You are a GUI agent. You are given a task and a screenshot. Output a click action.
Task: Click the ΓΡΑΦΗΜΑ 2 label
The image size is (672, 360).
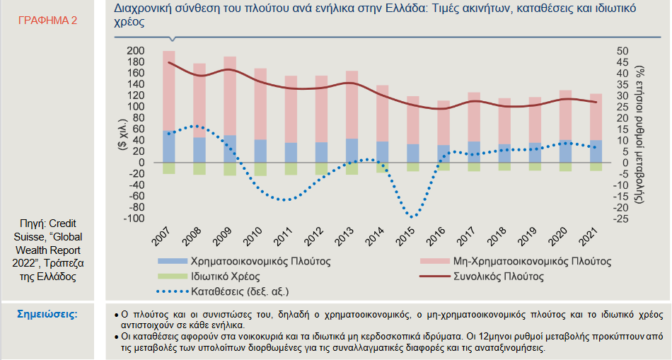pos(48,21)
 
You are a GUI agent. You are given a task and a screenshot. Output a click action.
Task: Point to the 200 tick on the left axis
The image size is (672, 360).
pos(135,52)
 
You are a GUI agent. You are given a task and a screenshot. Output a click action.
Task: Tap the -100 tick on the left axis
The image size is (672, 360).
pos(132,219)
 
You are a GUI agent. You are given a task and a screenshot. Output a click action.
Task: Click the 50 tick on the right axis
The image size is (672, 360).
pos(622,52)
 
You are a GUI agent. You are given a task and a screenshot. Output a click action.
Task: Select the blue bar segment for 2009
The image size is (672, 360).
pos(230,149)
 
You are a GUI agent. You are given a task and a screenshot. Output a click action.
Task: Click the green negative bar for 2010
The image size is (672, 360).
pos(260,169)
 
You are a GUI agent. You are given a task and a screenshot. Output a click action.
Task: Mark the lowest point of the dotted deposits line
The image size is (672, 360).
pos(412,217)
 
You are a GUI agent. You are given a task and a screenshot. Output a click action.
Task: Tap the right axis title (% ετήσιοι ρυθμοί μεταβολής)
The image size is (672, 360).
pos(639,134)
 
